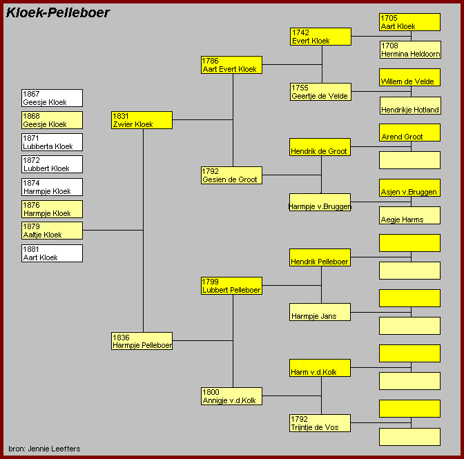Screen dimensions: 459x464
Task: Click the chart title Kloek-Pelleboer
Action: point(58,12)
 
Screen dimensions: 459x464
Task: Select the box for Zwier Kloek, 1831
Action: point(142,120)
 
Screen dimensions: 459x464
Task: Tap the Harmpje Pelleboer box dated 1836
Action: point(142,341)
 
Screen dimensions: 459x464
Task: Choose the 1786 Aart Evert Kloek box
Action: point(231,65)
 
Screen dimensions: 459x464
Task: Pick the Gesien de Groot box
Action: point(231,175)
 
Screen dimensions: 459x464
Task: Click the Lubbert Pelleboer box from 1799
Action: point(231,286)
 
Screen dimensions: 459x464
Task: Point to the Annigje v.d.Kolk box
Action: point(231,396)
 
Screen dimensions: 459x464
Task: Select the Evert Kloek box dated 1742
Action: point(320,37)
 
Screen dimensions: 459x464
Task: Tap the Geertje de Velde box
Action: point(320,92)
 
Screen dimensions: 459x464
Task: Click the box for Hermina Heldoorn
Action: point(409,50)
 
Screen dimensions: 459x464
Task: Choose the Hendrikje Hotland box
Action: point(409,106)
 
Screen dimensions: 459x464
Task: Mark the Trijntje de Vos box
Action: point(320,423)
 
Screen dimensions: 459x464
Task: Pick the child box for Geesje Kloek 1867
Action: point(52,98)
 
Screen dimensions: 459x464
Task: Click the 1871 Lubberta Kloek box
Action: point(52,142)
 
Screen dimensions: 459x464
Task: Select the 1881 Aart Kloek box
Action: point(52,253)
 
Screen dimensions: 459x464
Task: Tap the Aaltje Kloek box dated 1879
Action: point(52,231)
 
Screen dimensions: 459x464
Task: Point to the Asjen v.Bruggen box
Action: point(409,188)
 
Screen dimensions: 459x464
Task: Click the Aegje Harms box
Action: point(409,215)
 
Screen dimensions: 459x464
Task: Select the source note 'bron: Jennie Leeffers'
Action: point(44,449)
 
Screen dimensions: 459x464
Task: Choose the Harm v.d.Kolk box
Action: point(320,368)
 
